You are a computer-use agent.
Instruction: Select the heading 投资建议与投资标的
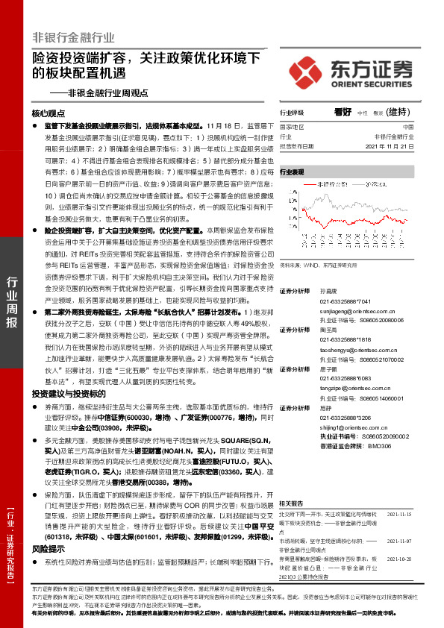tap(65, 393)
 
